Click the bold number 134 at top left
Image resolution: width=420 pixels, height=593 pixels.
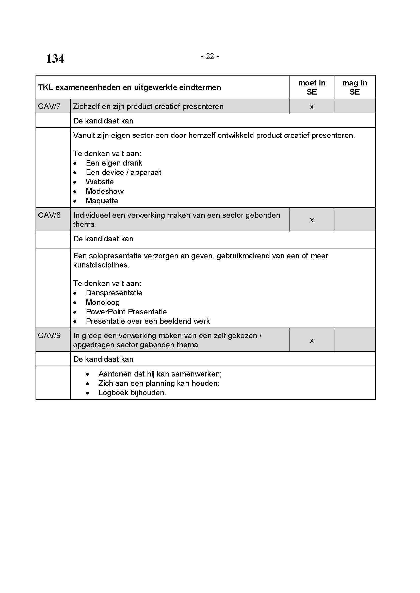point(55,59)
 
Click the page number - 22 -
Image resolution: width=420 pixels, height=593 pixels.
point(210,56)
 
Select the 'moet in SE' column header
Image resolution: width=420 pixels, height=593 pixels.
point(312,87)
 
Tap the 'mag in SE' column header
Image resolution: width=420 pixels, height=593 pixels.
point(354,87)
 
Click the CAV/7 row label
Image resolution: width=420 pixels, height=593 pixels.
point(49,106)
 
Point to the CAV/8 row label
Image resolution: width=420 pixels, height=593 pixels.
point(49,215)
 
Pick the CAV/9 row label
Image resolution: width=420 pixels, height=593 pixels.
point(49,335)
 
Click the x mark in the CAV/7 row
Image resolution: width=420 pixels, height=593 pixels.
point(312,107)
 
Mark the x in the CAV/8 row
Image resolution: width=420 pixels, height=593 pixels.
point(312,220)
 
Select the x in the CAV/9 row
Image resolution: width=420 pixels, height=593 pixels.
point(312,340)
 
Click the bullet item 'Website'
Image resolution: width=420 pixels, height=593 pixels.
point(100,182)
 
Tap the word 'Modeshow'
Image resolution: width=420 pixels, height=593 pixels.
point(105,191)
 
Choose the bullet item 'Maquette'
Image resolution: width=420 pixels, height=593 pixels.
point(102,201)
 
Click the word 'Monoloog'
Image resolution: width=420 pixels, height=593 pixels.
point(103,302)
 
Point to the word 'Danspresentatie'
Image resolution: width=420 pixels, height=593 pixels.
point(114,293)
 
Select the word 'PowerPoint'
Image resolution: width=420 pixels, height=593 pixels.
point(106,312)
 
